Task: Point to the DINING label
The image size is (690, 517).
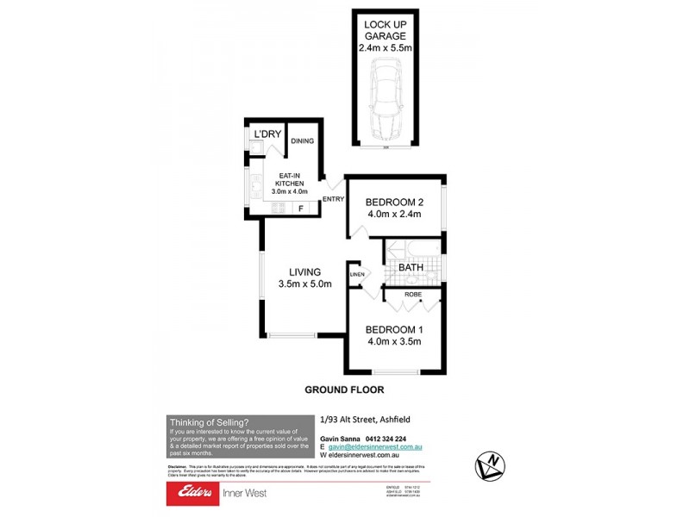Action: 302,141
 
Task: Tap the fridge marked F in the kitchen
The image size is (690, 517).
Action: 300,209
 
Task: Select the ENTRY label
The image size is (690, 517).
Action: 333,200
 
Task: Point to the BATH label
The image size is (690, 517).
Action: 410,268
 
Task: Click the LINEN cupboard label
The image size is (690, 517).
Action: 356,275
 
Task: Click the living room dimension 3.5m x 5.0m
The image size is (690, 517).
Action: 304,284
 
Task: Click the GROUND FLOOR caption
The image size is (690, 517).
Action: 344,389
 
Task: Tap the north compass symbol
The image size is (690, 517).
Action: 489,465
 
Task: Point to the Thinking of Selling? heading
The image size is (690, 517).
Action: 210,422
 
